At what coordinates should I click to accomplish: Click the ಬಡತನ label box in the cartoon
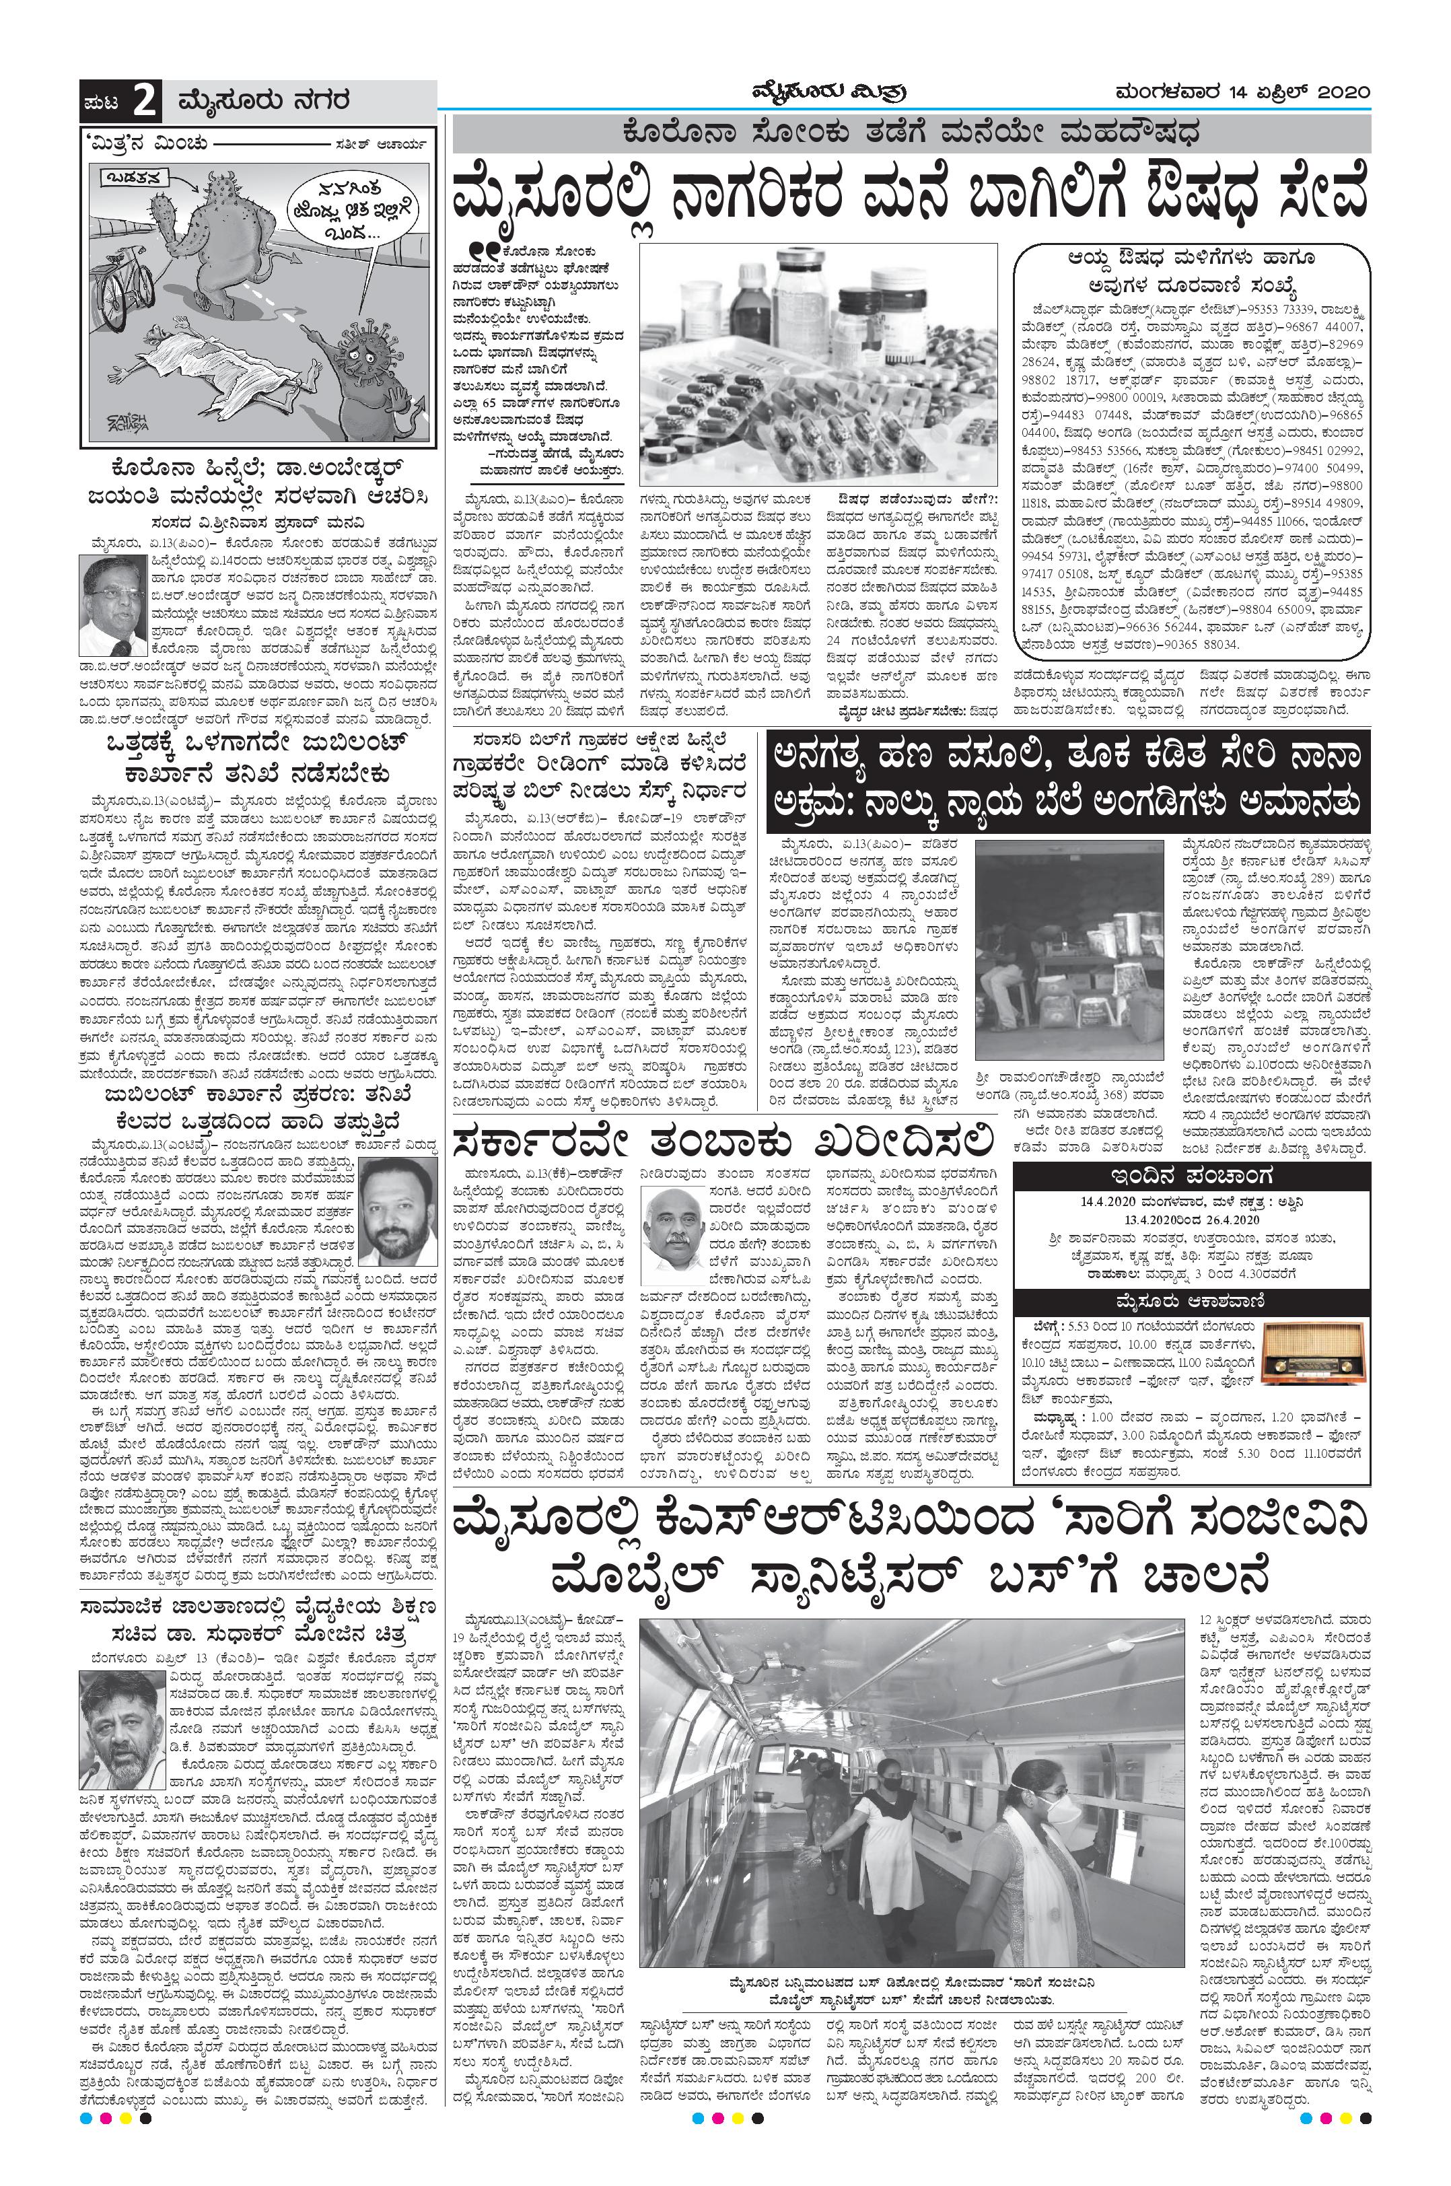(129, 176)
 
